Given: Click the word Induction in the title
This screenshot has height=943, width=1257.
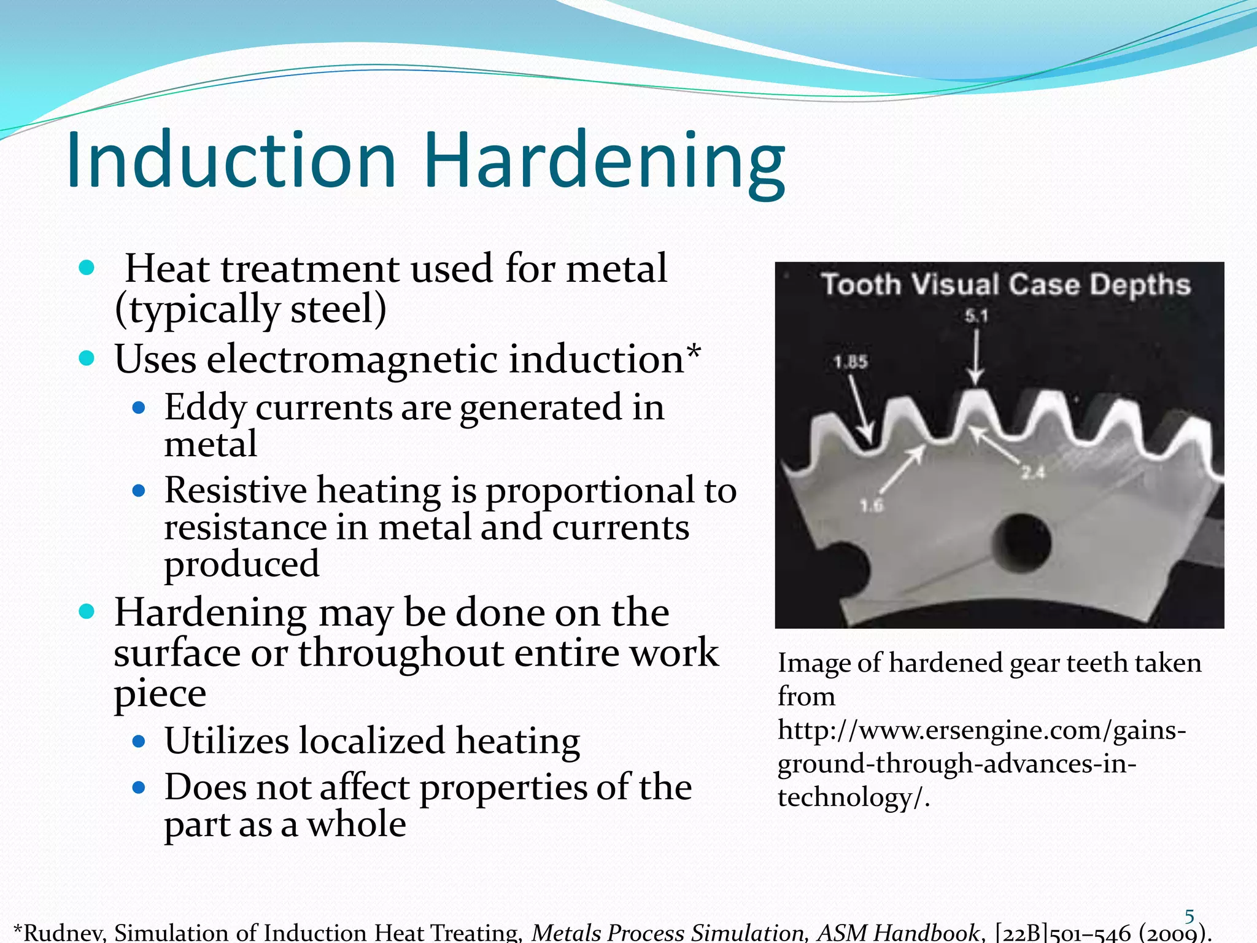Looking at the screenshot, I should [231, 161].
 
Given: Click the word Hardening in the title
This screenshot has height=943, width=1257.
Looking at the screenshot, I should [604, 163].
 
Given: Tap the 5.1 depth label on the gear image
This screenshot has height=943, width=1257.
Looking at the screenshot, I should [976, 316].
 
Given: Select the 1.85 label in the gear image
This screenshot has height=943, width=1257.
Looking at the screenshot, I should [851, 362].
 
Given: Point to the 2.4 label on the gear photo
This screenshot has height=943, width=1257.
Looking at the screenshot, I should [1033, 472].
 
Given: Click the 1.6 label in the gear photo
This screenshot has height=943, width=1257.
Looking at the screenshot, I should [872, 506].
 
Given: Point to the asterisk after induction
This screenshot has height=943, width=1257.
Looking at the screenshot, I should [694, 351].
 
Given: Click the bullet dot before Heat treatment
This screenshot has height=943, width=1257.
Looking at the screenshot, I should [87, 268].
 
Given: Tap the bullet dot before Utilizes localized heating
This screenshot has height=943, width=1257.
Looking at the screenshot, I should [139, 741].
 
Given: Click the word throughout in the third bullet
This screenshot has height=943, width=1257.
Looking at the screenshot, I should [401, 653].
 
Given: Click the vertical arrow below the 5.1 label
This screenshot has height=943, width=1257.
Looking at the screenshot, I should [976, 356].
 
